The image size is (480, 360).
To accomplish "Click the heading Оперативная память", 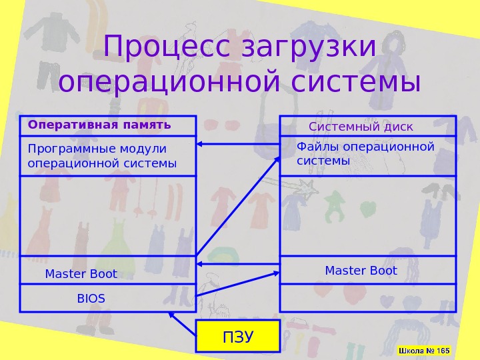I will tap(99, 125).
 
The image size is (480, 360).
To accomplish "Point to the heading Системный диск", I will tap(361, 127).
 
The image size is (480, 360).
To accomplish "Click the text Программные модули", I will tap(97, 148).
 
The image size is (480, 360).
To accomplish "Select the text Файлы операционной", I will tap(365, 147).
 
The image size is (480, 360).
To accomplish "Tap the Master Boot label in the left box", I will tap(81, 274).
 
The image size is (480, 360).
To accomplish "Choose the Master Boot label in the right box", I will tap(361, 271).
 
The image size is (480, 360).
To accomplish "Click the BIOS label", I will tap(91, 298).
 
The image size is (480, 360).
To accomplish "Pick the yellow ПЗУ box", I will tap(237, 336).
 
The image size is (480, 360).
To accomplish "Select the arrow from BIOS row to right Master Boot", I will tap(239, 284).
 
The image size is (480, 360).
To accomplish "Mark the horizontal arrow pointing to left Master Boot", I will tap(238, 265).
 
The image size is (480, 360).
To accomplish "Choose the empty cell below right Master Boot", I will tap(367, 298).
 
